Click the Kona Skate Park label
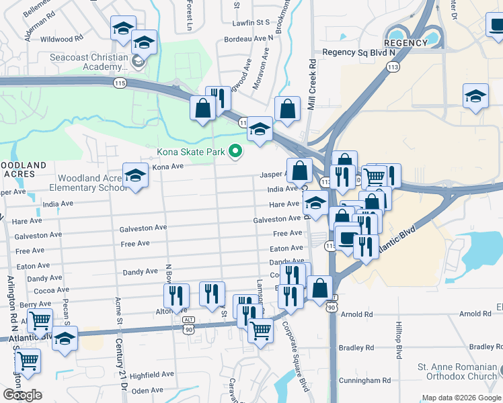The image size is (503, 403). point(191,152)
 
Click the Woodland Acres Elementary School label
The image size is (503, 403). point(89,183)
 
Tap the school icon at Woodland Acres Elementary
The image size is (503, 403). point(135,177)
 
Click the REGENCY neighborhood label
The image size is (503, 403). point(407,43)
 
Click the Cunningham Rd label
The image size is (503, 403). point(366,380)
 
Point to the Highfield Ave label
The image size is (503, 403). point(152,374)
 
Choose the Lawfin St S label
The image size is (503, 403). point(249,23)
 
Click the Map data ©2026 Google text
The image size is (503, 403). point(461,398)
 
